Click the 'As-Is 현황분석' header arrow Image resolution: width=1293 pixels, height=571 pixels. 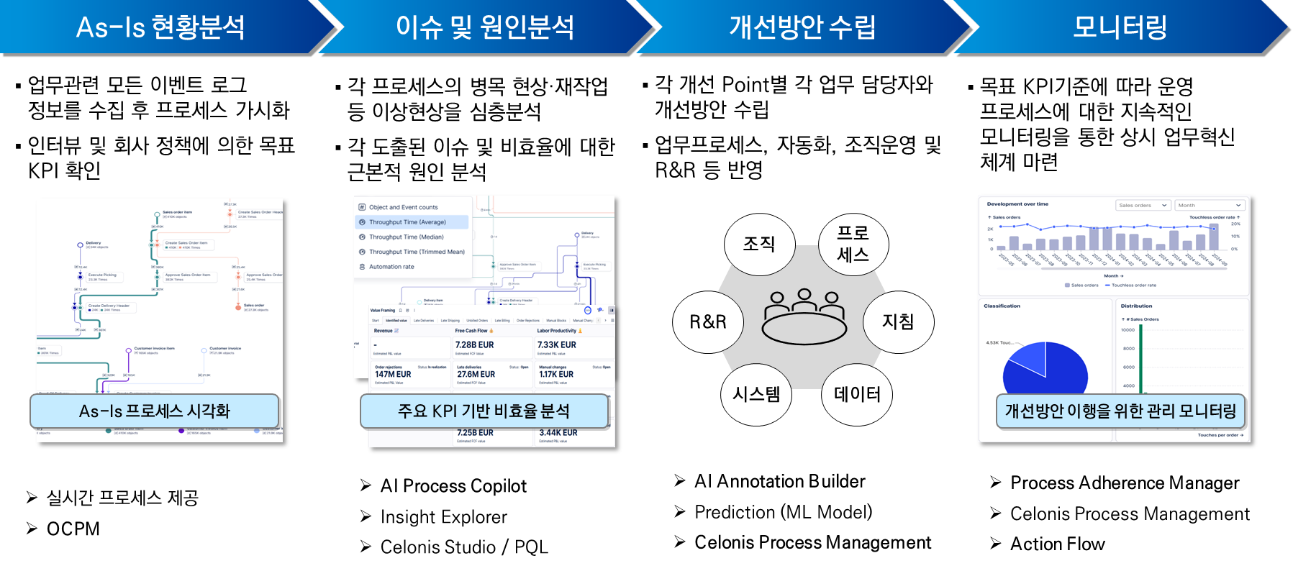pos(160,27)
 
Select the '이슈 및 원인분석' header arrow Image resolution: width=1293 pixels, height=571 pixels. pos(484,27)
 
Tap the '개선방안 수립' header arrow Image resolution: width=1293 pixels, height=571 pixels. pos(802,27)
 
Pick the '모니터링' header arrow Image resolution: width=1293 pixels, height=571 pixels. pos(1120,27)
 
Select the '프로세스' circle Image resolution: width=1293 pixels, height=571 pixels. pos(853,244)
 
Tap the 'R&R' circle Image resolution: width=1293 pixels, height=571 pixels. pos(708,321)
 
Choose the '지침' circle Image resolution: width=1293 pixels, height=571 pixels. pos(898,321)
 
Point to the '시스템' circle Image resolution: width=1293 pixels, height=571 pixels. pos(756,394)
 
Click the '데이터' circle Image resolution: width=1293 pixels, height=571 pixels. pos(857,394)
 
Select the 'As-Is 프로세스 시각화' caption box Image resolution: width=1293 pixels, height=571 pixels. pos(154,411)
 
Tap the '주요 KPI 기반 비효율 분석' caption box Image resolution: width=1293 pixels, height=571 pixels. pos(484,411)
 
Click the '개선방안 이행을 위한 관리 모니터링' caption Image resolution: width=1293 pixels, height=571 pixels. pos(1120,411)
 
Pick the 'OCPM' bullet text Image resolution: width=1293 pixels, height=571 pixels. pos(73,529)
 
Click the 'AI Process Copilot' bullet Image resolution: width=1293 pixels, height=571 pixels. pos(453,486)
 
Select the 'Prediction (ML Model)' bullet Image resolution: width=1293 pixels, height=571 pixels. pos(783,512)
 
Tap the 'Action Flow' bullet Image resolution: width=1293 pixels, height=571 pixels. pos(1057,544)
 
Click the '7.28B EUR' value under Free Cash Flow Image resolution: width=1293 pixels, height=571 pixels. pos(475,345)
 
